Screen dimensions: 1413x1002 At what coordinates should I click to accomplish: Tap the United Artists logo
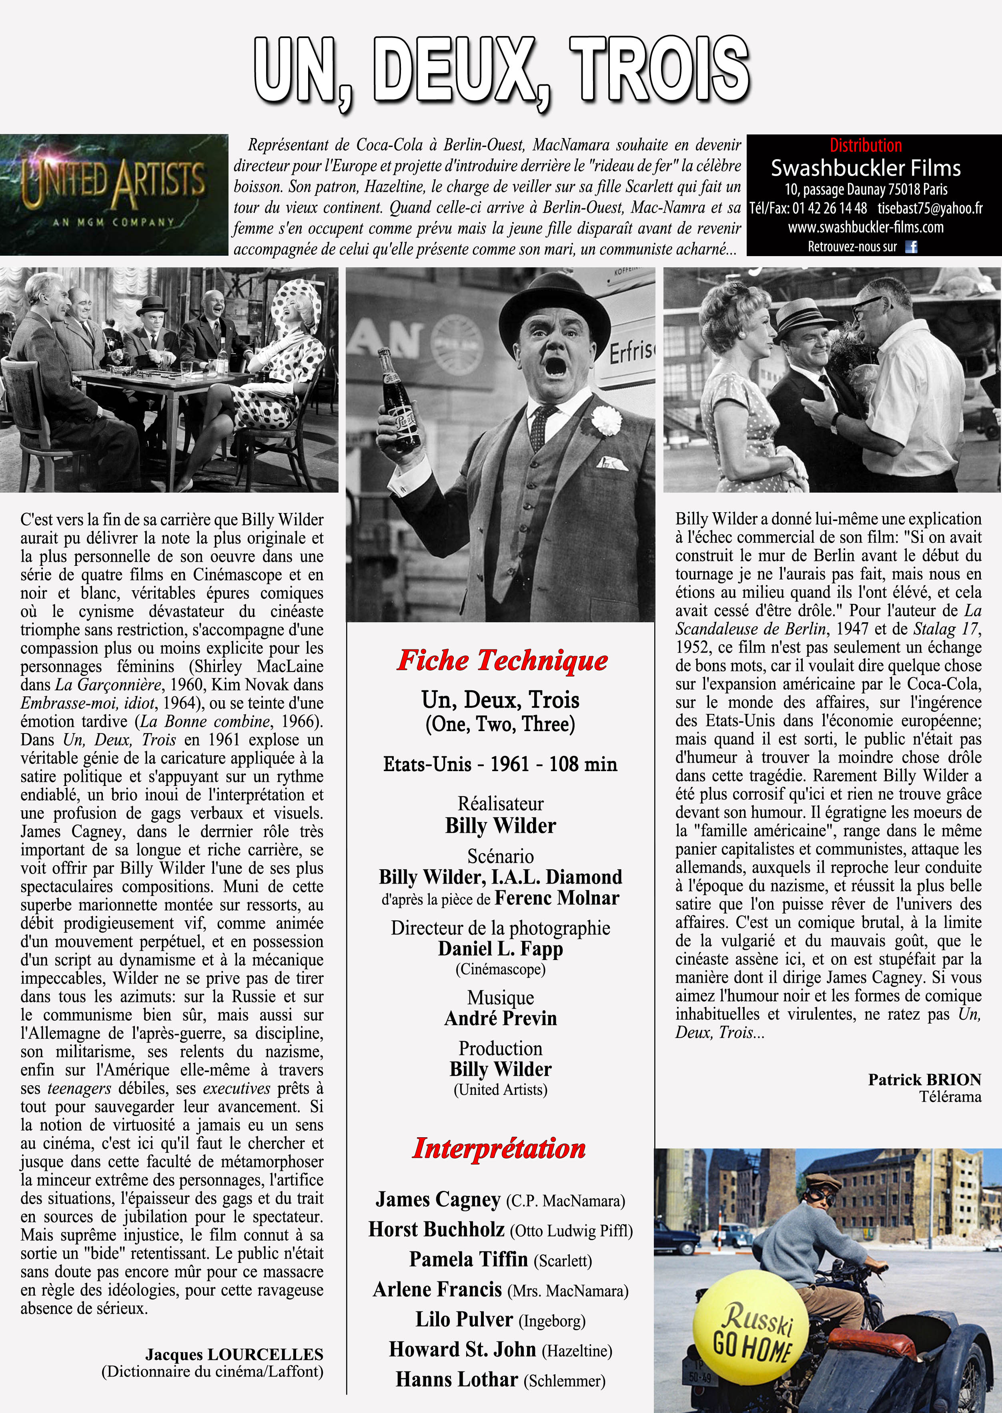point(114,194)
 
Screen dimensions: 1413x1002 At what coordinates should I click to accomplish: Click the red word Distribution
point(865,146)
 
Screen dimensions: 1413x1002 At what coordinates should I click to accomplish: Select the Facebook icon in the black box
point(911,247)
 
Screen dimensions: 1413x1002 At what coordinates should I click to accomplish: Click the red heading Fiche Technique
point(502,660)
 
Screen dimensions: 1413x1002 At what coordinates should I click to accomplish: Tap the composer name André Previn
point(500,1018)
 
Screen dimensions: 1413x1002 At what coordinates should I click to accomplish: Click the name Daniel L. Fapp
point(500,948)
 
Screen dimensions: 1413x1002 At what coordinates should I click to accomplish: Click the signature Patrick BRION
point(924,1080)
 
